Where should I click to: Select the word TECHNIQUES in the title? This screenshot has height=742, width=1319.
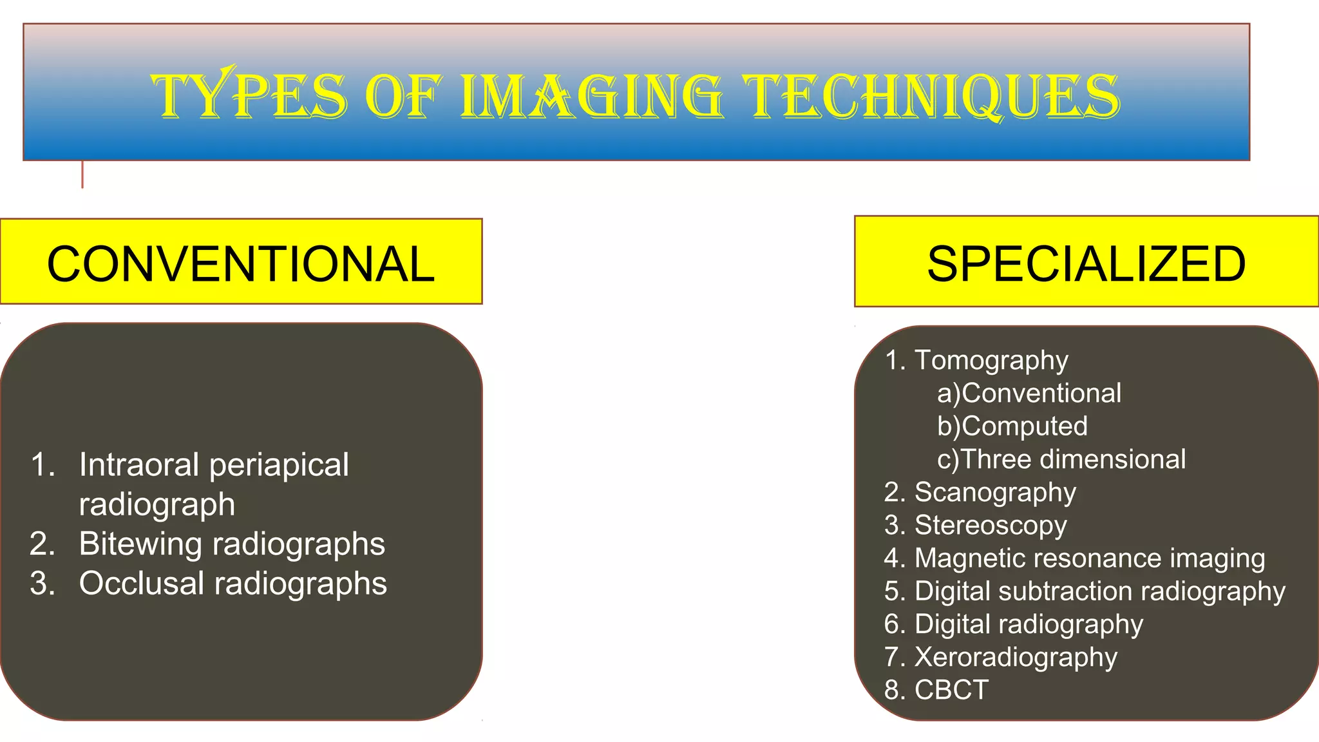[931, 97]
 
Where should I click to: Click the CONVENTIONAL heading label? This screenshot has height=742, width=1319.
[241, 263]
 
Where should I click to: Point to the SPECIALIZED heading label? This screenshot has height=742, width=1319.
[1086, 263]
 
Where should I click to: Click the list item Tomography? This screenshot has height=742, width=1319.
[991, 361]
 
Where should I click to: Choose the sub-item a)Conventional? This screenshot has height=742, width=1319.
[1029, 393]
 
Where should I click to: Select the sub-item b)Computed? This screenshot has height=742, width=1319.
[1012, 426]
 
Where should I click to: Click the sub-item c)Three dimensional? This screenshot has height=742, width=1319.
[1061, 459]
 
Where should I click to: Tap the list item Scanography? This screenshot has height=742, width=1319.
[995, 493]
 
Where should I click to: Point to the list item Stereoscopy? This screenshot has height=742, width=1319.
[991, 526]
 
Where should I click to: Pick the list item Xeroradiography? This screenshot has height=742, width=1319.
[1016, 657]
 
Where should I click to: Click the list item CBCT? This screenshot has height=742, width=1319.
[951, 690]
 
